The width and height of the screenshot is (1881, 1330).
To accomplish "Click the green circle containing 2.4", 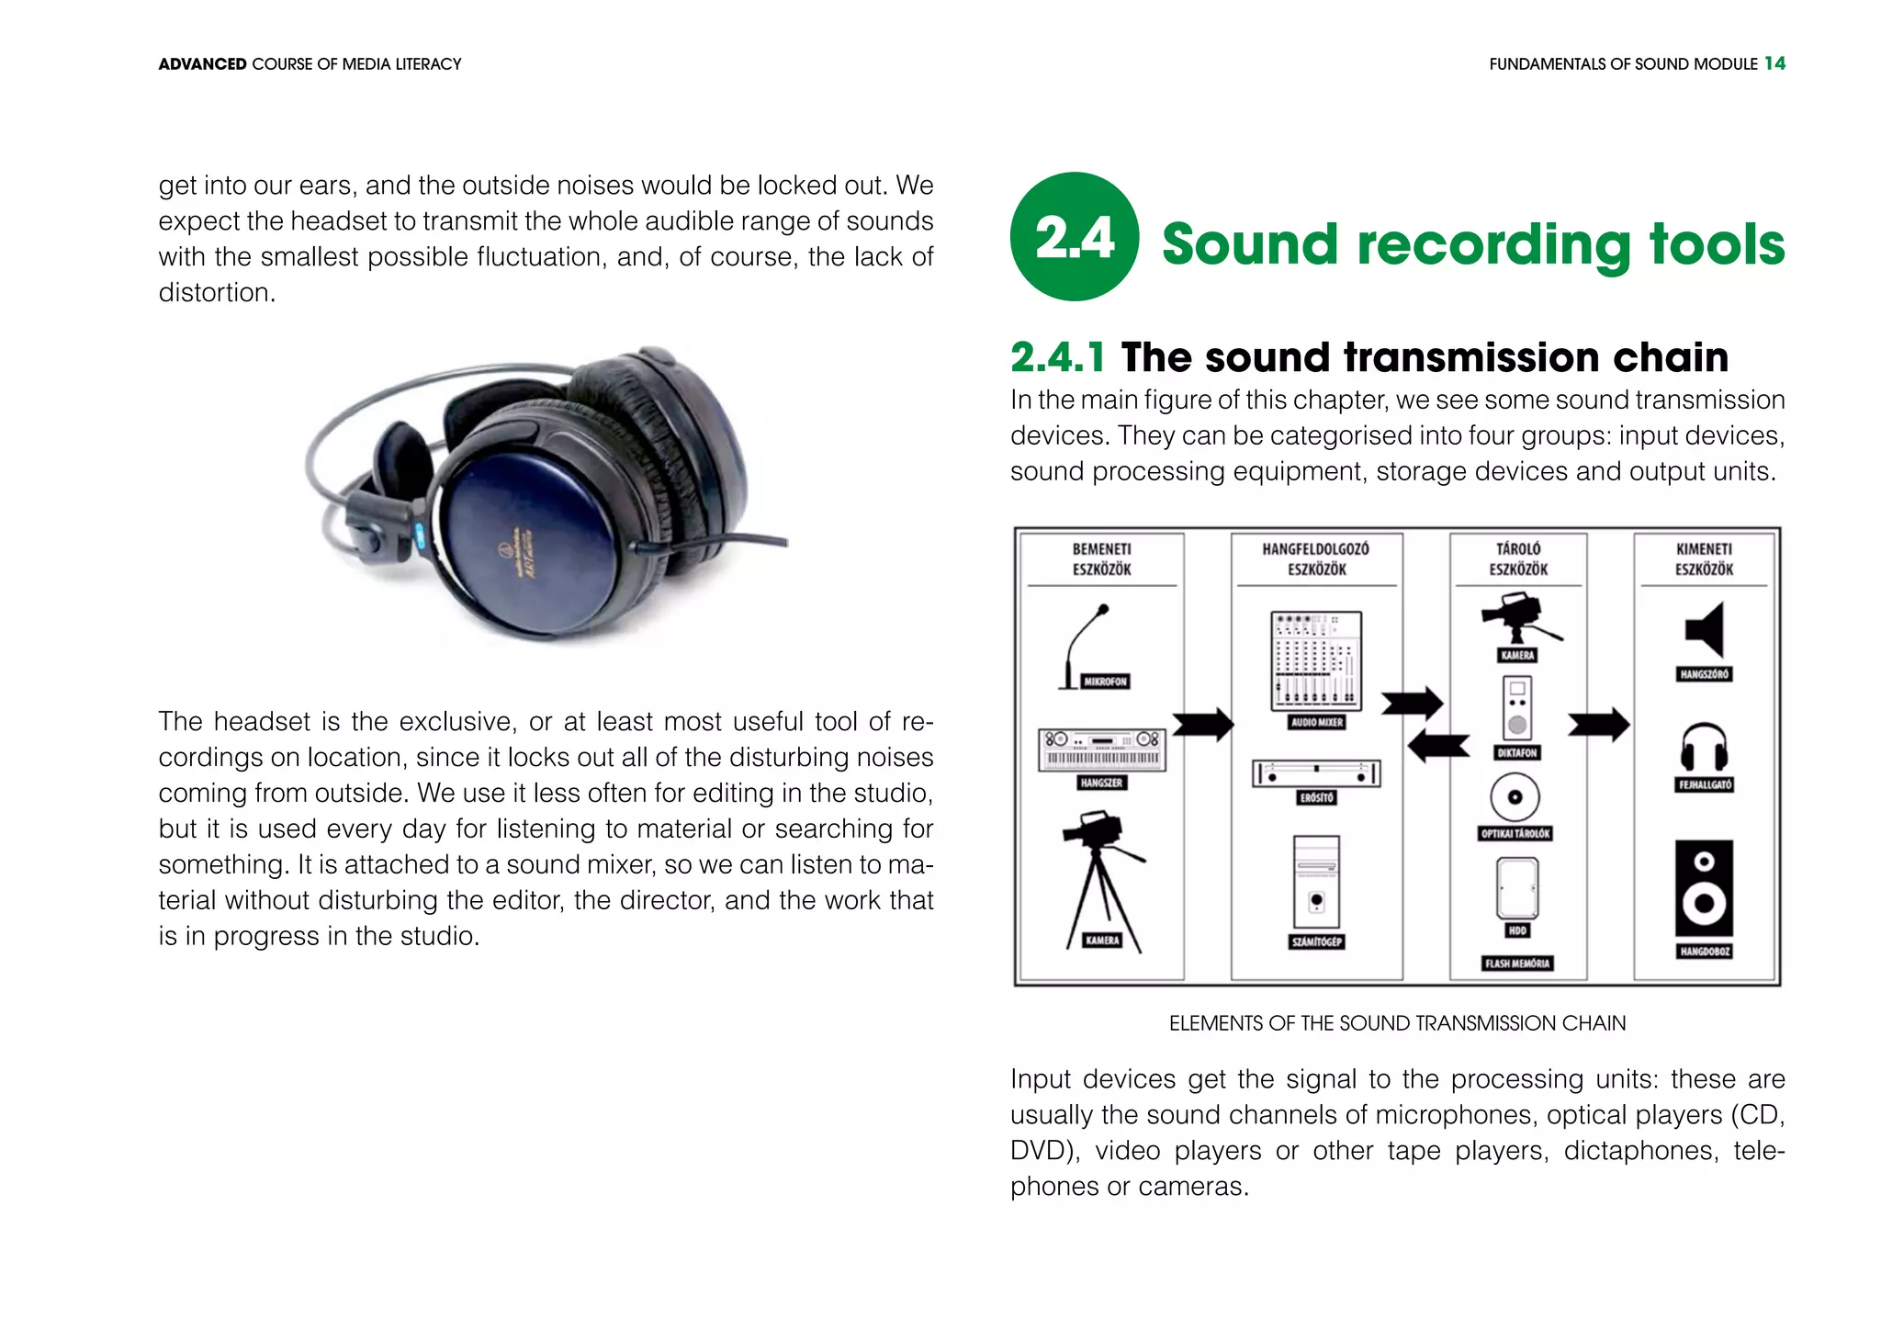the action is [1074, 236].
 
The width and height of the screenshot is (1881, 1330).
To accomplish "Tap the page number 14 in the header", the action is [1774, 63].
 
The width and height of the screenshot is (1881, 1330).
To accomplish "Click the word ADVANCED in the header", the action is [202, 64].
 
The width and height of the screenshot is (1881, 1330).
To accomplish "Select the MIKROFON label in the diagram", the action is [1105, 682].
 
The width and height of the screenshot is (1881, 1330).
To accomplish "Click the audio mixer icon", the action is [1315, 660].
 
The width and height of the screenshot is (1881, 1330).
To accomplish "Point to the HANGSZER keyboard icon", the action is [1102, 750].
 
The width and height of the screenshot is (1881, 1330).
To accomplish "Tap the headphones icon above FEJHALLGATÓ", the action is [1704, 747].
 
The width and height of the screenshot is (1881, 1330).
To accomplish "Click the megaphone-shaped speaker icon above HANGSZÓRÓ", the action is [1706, 630].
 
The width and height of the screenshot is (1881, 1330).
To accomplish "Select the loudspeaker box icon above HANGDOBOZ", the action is [1705, 887].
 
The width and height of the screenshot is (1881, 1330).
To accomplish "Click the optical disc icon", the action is [1515, 796].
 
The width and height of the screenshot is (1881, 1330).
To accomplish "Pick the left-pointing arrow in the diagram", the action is [1438, 746].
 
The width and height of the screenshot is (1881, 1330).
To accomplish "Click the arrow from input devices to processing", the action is [1202, 724].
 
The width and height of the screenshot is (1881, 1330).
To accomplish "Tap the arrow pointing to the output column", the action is [1598, 724].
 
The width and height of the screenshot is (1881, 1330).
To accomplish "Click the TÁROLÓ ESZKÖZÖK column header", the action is [1518, 559].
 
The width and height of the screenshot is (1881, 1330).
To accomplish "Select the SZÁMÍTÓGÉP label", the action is [1316, 941].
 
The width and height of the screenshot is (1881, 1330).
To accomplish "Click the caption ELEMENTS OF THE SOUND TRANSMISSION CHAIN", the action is [1397, 1023].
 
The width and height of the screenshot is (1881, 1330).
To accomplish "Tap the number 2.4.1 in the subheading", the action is [1057, 357].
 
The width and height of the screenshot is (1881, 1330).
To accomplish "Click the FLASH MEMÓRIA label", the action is [1517, 964].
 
